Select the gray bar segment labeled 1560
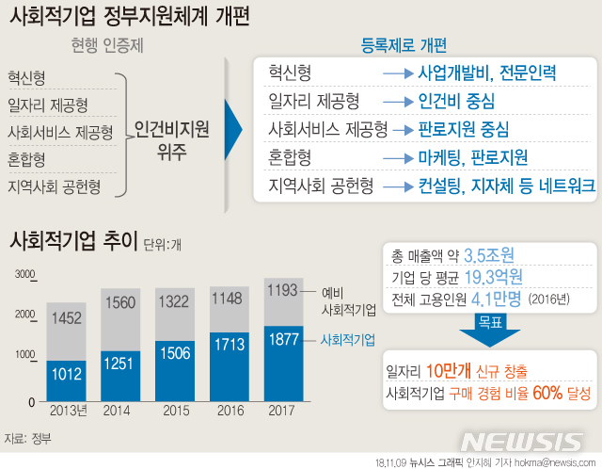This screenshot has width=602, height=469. pyautogui.click(x=119, y=302)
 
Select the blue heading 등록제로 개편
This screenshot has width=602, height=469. pyautogui.click(x=404, y=45)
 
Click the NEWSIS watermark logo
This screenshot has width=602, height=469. pyautogui.click(x=522, y=442)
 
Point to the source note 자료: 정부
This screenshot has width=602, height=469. pyautogui.click(x=27, y=438)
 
